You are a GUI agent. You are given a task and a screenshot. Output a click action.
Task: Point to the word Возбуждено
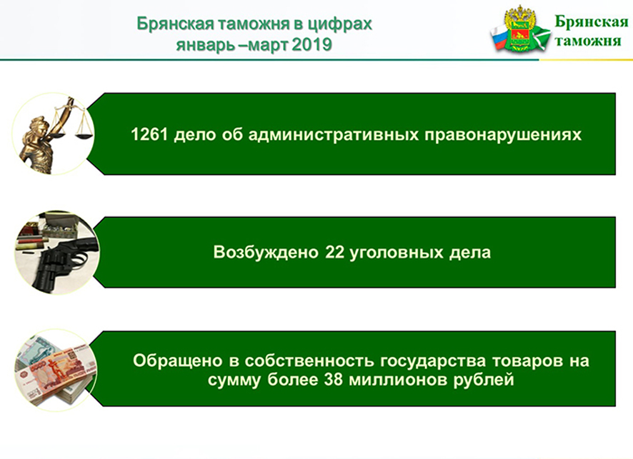point(266,253)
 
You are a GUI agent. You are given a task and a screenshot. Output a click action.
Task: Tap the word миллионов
point(398,380)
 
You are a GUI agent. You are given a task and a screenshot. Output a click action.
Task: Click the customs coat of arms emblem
point(520,30)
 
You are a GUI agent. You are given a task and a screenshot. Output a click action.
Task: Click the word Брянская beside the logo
point(592,22)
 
